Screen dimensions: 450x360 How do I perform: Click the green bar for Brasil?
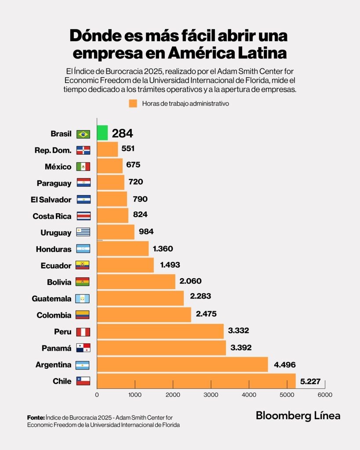pos(102,133)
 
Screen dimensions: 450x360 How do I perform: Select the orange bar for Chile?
pos(196,381)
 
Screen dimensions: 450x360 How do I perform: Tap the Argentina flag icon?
pos(83,365)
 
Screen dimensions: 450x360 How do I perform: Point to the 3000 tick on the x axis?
pos(211,395)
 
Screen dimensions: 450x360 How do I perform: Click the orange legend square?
pos(133,104)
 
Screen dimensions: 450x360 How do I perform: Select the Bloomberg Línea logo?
pos(298,415)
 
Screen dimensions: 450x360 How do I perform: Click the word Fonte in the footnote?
pos(35,417)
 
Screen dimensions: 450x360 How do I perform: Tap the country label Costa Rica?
pos(52,216)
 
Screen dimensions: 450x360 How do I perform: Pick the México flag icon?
pos(83,167)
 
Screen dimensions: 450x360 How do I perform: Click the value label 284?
pos(122,133)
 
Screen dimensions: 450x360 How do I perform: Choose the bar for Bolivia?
pos(136,282)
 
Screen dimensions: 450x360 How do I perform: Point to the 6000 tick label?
pos(325,395)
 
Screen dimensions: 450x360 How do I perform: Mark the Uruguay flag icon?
pos(83,232)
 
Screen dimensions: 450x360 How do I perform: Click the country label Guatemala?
pos(51,299)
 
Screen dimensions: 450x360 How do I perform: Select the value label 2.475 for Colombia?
pos(207,314)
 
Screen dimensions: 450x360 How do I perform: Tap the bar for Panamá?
pos(161,348)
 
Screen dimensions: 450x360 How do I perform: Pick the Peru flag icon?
pos(83,332)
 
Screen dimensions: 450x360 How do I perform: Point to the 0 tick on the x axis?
pos(97,395)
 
